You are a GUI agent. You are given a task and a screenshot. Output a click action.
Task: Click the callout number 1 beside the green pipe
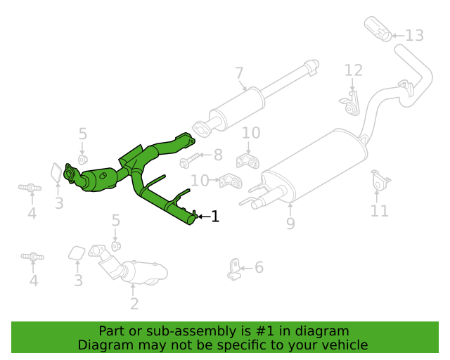point(215,217)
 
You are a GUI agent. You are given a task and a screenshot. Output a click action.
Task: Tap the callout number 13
point(414,35)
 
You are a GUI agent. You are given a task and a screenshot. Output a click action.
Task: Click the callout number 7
point(239,72)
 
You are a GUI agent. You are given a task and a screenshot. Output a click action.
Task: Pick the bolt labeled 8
point(188,161)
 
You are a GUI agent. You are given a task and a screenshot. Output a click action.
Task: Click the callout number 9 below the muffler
point(290,224)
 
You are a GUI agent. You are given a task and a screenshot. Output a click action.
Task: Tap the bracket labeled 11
point(380,181)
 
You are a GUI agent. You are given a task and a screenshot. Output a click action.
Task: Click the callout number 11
point(380,210)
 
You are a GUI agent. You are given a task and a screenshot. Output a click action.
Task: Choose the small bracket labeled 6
point(233,269)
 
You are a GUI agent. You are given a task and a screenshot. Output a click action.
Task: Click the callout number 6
point(259,267)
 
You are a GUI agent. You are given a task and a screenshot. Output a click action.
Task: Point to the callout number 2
point(134,304)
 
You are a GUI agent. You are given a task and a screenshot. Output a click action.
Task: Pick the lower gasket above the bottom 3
point(76,252)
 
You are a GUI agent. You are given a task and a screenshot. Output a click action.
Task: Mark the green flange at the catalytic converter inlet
point(70,174)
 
